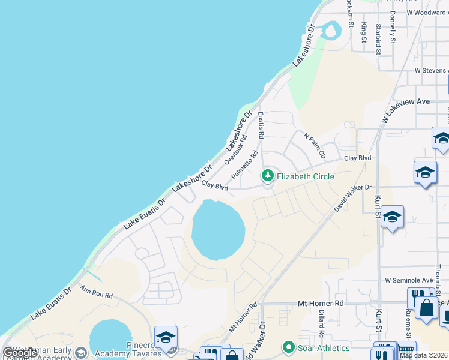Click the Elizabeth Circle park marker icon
click(267, 176)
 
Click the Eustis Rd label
click(261, 125)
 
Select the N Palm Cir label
click(315, 146)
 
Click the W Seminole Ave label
click(409, 280)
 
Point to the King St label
click(364, 32)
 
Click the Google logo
click(20, 353)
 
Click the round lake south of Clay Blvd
click(218, 230)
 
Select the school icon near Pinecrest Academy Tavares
click(166, 337)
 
